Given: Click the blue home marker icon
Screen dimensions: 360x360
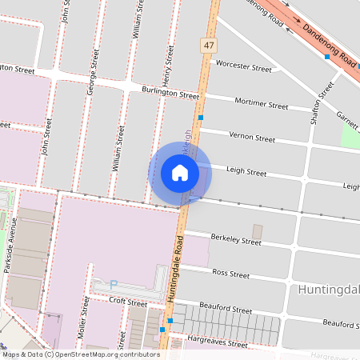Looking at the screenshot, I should coord(180,173).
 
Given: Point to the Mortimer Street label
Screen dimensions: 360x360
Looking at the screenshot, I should coord(262,105).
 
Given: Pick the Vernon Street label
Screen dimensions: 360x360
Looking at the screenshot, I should coord(252,137).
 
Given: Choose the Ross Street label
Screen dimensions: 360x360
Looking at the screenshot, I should coord(232,273).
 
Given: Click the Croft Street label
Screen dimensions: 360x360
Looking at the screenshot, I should coord(129,303).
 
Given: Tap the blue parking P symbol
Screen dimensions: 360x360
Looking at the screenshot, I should coord(113,283).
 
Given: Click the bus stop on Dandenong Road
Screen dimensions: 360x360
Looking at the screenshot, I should coord(327,57).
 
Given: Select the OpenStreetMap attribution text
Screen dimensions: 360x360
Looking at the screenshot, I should coord(81,354).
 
